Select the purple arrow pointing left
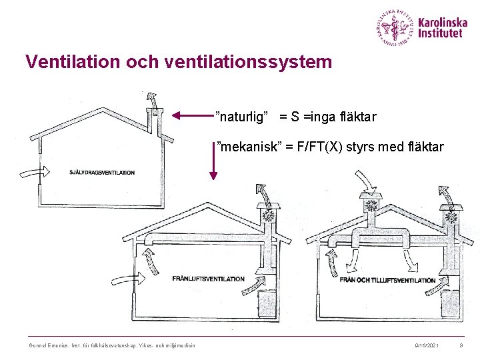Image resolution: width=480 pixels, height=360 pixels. (x=193, y=116)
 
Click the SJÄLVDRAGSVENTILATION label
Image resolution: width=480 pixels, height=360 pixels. (x=101, y=173)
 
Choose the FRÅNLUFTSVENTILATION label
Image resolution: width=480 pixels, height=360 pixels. (x=208, y=279)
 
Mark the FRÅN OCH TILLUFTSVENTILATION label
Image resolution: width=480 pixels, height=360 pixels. (x=387, y=280)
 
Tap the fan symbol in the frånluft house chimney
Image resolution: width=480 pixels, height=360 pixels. (x=269, y=216)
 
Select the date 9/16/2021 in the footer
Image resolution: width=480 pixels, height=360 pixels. (x=427, y=344)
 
